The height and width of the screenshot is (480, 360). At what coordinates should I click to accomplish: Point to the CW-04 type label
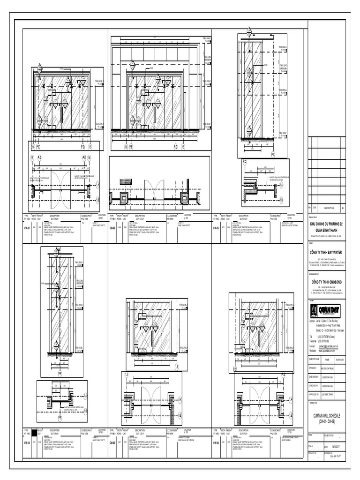(26, 442)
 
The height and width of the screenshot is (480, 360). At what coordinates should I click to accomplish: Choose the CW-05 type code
(112, 442)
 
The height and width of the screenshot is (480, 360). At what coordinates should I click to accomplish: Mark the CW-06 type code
(216, 442)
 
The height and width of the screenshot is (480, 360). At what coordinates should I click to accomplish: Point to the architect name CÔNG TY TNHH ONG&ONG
(327, 281)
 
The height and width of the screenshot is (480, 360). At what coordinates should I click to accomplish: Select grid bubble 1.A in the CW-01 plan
(97, 186)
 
